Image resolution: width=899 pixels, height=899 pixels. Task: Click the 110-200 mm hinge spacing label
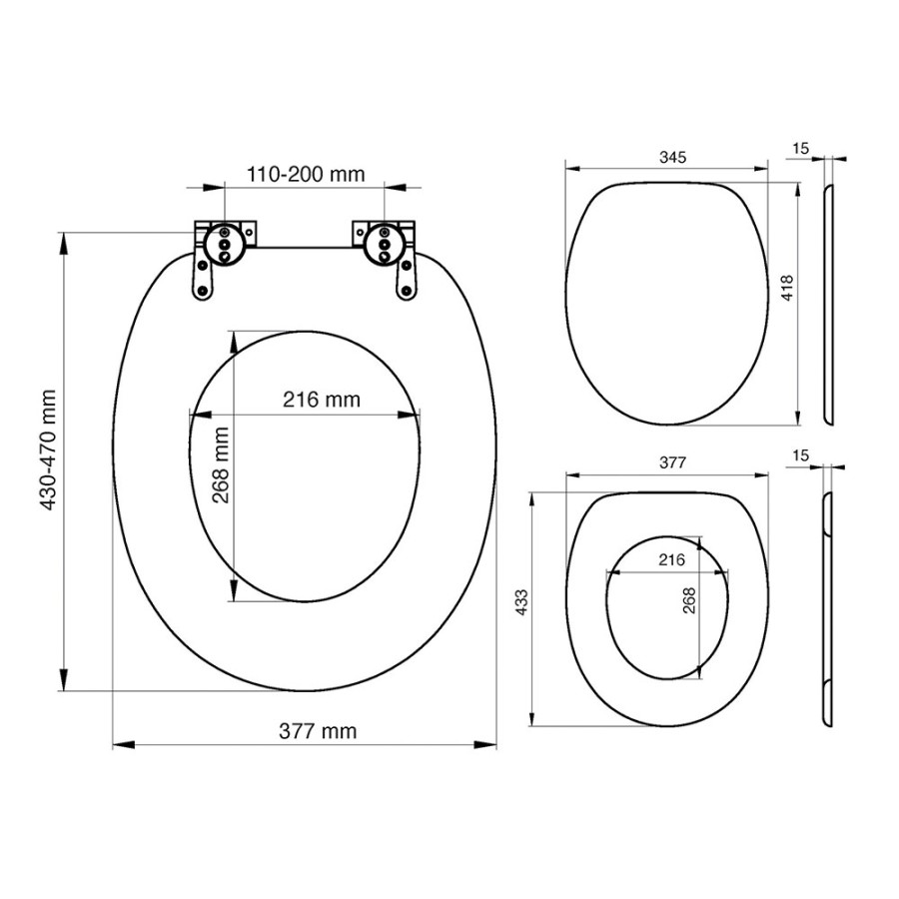click(306, 174)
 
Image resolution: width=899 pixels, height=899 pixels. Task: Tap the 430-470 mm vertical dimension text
click(48, 450)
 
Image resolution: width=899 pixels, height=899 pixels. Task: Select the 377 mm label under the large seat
click(318, 731)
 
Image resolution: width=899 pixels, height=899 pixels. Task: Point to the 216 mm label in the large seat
click(321, 399)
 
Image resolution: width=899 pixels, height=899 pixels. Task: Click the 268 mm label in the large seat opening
click(221, 464)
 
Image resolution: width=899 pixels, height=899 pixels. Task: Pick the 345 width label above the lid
click(672, 157)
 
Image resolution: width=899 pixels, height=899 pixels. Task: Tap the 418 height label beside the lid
click(788, 289)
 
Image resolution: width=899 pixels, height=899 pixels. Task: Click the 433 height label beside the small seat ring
click(521, 602)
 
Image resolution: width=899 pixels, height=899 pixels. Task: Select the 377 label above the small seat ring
click(672, 462)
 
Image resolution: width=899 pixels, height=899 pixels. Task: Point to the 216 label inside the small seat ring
click(671, 559)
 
